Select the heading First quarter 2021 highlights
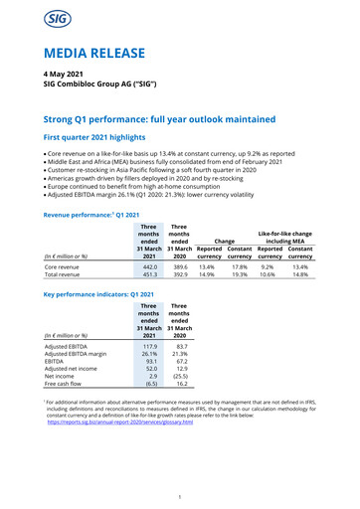click(92, 141)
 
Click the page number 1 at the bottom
click(180, 497)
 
